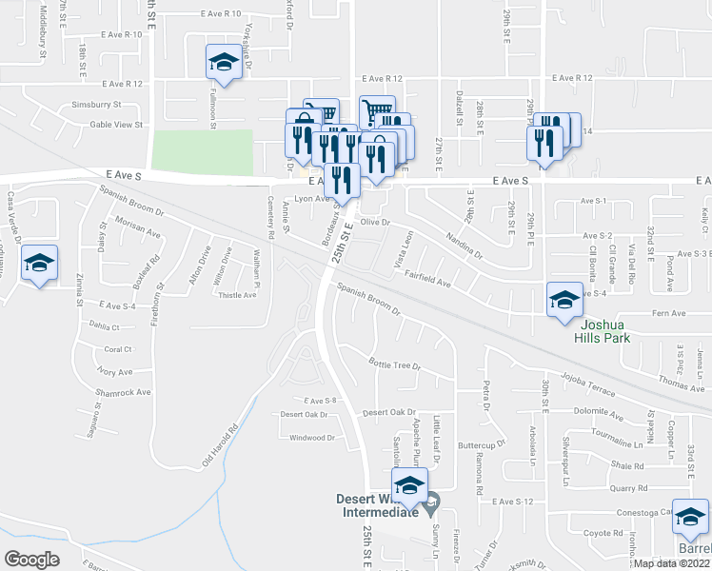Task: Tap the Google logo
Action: (31, 560)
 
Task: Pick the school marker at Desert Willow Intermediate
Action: (409, 485)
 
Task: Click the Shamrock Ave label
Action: (123, 392)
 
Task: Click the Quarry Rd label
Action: (603, 488)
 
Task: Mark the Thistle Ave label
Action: (238, 295)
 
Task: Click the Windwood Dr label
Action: (312, 438)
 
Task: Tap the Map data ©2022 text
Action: (671, 562)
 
